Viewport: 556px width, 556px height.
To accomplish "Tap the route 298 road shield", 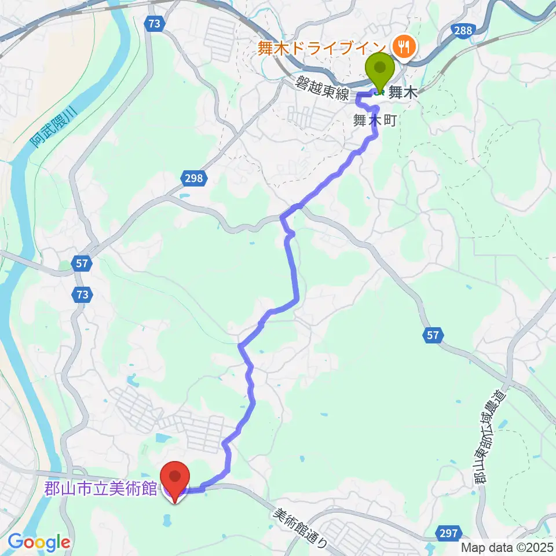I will tap(194, 178).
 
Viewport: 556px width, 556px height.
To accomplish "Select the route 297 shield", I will tap(449, 533).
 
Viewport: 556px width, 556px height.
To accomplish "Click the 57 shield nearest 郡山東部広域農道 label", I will tap(435, 334).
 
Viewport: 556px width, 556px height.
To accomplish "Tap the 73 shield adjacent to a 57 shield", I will tap(82, 295).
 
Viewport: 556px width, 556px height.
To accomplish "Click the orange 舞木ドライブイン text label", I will tap(321, 48).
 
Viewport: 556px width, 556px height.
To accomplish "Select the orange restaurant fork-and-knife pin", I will tap(401, 45).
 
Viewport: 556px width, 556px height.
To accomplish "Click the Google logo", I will tap(38, 542).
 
